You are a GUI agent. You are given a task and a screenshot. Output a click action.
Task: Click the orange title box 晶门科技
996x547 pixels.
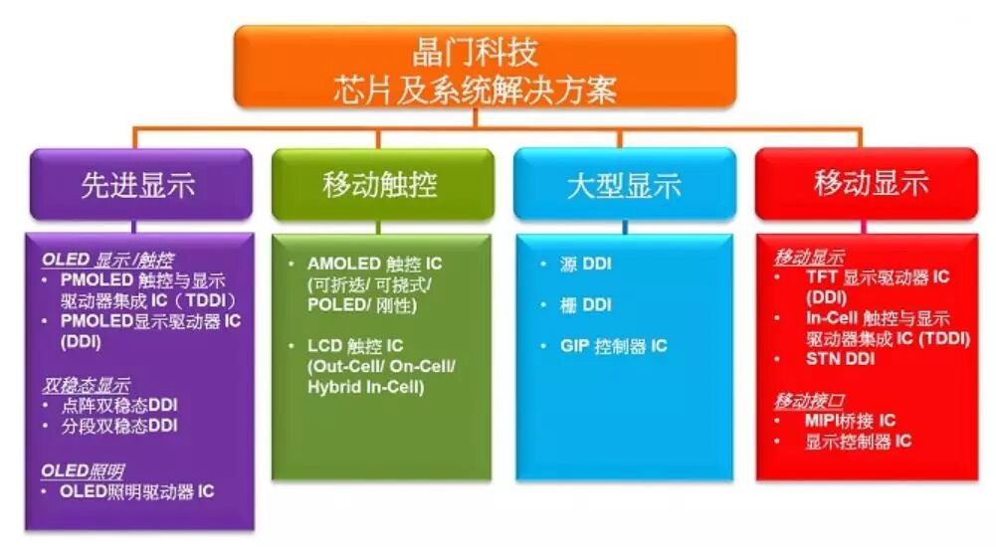(485, 67)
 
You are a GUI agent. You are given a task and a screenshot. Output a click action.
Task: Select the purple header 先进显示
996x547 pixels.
(141, 185)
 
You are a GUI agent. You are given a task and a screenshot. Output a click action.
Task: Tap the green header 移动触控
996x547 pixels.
(382, 185)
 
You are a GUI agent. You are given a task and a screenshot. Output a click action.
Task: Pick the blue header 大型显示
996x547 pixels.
(625, 185)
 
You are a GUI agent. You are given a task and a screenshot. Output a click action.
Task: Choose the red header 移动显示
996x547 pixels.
(867, 185)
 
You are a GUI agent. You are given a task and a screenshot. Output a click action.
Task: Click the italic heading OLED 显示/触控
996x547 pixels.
(107, 260)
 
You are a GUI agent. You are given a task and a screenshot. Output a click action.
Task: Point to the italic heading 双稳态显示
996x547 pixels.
(86, 385)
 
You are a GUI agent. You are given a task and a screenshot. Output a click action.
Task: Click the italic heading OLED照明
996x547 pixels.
(83, 470)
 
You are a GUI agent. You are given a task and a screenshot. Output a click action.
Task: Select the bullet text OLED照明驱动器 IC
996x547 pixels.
(136, 491)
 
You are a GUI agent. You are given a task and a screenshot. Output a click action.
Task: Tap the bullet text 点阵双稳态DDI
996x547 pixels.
(118, 405)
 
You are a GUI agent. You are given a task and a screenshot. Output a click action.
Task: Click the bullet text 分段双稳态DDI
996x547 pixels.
(118, 425)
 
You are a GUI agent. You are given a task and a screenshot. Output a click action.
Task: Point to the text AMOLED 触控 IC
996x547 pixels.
(374, 264)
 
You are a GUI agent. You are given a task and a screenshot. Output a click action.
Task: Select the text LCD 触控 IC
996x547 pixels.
(355, 346)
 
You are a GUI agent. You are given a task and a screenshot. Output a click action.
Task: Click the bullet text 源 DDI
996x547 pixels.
(585, 264)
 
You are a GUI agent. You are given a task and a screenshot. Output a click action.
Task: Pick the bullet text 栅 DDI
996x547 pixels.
(585, 304)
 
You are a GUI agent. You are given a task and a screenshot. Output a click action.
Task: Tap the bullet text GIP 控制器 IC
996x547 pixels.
(613, 346)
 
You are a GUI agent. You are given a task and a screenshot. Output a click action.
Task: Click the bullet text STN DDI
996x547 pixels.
(840, 358)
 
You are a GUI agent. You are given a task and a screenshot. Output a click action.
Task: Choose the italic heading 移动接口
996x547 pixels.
(809, 401)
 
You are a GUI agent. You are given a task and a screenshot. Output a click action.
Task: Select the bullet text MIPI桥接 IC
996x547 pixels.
(850, 420)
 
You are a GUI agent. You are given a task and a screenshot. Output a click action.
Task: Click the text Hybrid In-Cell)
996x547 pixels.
(365, 387)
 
